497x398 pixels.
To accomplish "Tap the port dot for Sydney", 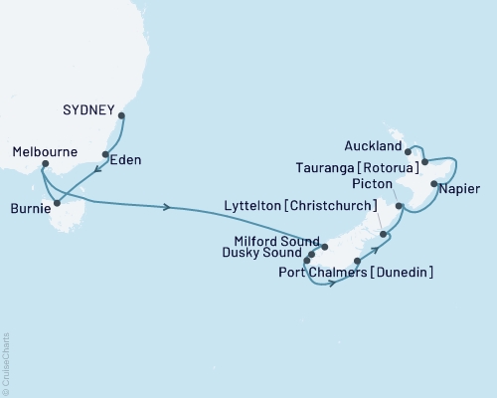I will [121, 115].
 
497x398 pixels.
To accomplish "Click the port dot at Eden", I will [106, 154].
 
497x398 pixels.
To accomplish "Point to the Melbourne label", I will [45, 152].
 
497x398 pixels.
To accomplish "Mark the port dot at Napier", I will [434, 184].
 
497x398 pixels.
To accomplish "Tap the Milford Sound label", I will [274, 239].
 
